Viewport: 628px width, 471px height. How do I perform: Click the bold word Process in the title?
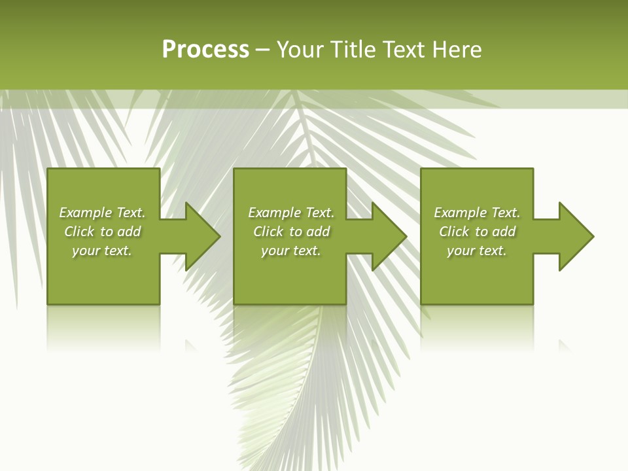[205, 50]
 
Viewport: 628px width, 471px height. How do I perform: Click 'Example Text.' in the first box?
[102, 213]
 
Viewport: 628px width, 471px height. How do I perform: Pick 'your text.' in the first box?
[102, 251]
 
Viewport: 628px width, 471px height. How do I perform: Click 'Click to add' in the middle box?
[291, 232]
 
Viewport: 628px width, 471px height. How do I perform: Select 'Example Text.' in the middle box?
[291, 213]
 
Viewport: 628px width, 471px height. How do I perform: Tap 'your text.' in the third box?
[477, 251]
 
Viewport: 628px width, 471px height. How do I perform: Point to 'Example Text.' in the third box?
[477, 213]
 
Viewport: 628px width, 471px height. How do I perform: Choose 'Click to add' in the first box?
[102, 232]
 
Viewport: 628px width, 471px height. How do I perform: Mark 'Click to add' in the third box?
[477, 232]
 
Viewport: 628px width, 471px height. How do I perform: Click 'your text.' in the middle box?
[291, 251]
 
